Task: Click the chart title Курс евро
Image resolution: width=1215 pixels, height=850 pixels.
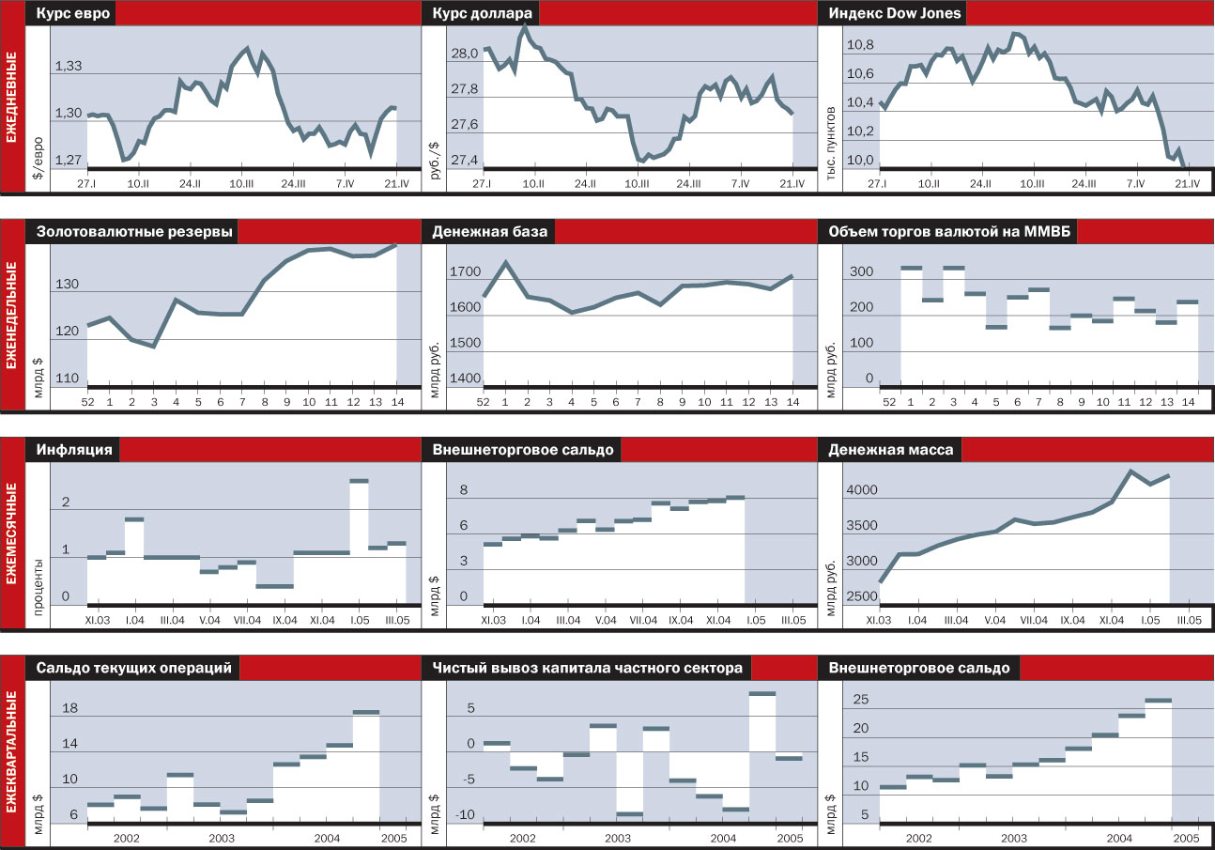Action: click(x=73, y=14)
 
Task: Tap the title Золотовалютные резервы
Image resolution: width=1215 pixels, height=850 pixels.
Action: click(x=134, y=232)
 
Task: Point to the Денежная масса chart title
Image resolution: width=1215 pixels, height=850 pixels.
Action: click(x=890, y=450)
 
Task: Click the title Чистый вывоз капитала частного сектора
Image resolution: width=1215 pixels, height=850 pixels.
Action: click(x=588, y=668)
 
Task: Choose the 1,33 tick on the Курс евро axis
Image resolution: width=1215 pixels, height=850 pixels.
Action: click(x=69, y=67)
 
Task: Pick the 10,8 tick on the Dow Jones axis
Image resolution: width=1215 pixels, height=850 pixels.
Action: click(x=860, y=45)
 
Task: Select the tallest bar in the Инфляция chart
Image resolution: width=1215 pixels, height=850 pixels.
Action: click(x=359, y=481)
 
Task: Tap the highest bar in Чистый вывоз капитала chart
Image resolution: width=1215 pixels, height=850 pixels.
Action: click(x=762, y=694)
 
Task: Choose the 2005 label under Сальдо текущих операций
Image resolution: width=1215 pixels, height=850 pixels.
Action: click(x=393, y=838)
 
